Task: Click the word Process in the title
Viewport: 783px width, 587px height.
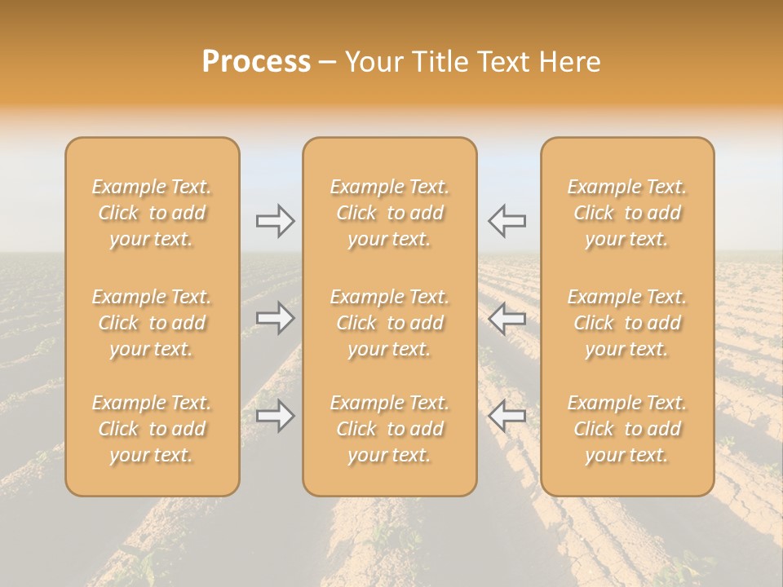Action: pos(256,62)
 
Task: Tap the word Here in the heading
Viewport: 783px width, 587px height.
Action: pos(570,62)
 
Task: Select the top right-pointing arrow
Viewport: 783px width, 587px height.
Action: pos(275,221)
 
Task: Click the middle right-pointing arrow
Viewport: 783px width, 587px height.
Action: pos(275,318)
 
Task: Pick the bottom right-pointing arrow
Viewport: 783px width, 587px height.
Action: pos(275,416)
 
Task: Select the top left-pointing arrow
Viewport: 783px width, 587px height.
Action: pos(507,221)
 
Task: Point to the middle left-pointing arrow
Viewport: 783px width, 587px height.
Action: pos(507,318)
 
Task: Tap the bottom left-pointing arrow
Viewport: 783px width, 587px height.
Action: pos(507,416)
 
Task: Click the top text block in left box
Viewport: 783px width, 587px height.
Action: pos(152,213)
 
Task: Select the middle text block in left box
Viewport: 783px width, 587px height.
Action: pos(152,323)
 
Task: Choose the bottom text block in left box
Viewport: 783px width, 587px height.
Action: pos(152,429)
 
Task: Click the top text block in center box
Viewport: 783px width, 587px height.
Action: pos(389,213)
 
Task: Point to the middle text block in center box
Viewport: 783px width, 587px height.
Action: pos(389,323)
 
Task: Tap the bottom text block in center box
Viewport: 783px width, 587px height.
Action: pos(389,429)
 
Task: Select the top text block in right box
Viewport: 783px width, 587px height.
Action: pos(626,213)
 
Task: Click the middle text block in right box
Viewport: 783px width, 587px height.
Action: pos(626,323)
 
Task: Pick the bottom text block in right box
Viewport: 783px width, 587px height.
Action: pos(626,429)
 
